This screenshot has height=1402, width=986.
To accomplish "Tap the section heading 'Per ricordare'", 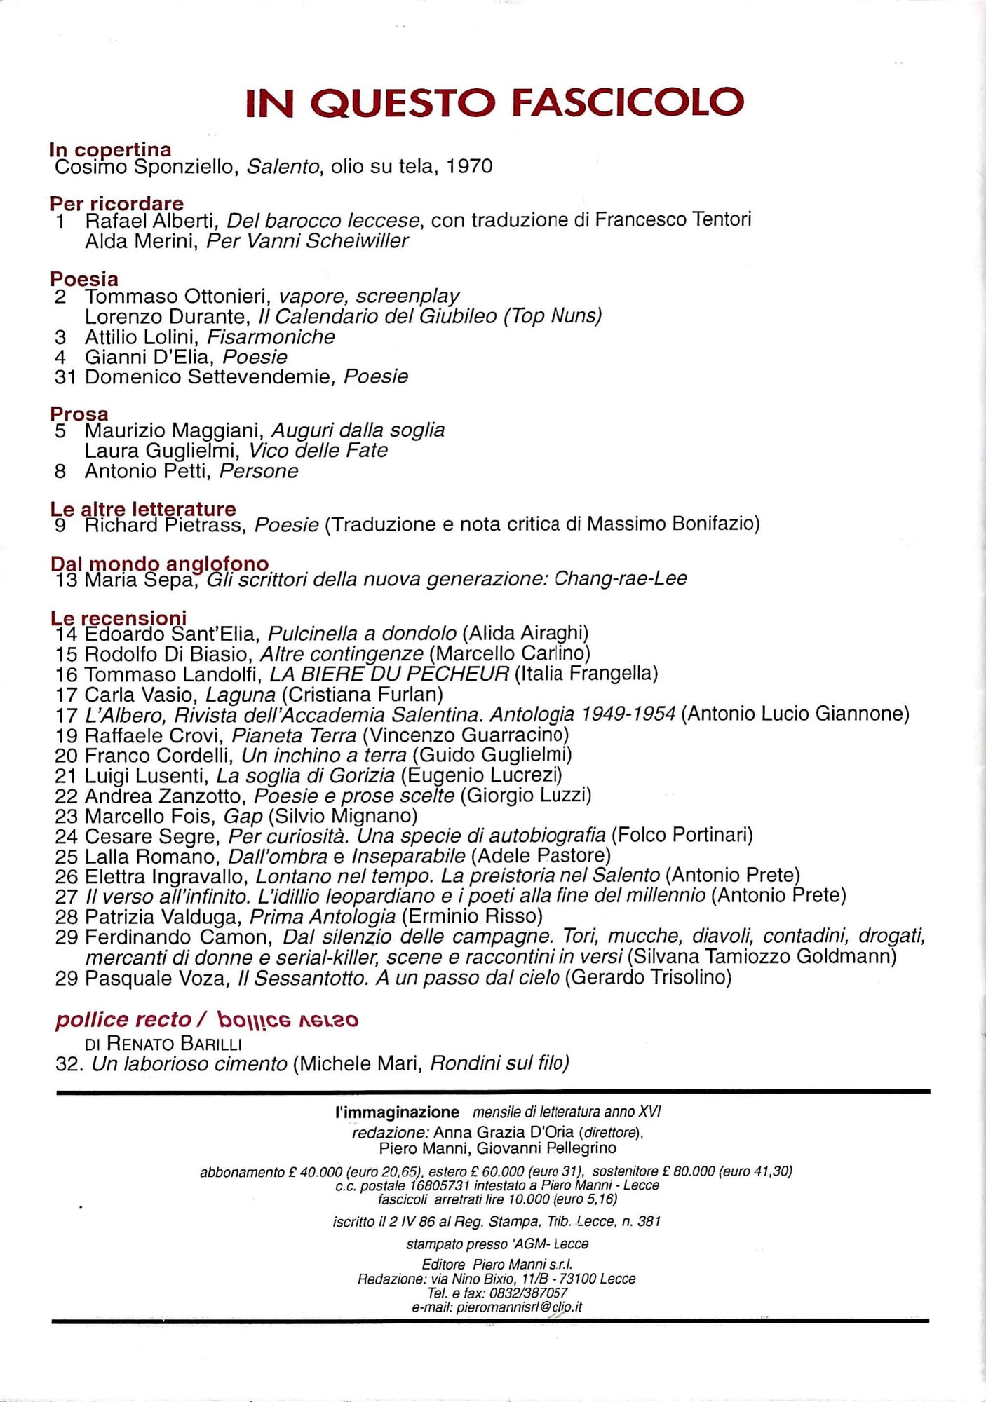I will [116, 203].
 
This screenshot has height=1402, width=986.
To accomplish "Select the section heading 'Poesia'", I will [84, 278].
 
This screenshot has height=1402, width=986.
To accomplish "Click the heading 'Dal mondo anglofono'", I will [159, 563].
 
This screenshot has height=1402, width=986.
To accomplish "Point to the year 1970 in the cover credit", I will [469, 166].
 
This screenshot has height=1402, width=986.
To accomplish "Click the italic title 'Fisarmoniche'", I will [271, 337].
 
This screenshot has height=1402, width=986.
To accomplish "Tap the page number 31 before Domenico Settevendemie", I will [65, 377].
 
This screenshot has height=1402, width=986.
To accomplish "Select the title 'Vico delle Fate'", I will [318, 450].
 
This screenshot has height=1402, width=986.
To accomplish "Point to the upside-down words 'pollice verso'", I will [288, 1020].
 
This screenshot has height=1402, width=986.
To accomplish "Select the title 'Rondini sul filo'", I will [499, 1064].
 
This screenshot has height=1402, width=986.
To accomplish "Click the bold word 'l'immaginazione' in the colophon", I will [397, 1112].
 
